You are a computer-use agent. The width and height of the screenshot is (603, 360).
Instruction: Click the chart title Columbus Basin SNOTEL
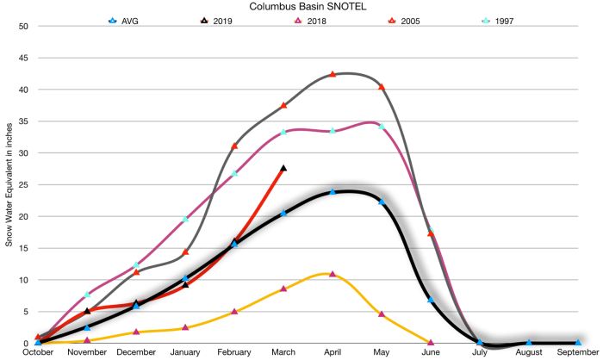(300, 6)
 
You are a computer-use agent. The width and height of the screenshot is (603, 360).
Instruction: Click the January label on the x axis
(185, 352)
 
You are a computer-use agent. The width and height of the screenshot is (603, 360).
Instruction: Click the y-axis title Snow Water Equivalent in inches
(9, 184)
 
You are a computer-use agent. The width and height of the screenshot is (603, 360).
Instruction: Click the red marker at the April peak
(333, 74)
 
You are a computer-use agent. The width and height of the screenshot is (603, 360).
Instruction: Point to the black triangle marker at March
(283, 168)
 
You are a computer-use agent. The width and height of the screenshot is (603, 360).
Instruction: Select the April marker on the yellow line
(333, 274)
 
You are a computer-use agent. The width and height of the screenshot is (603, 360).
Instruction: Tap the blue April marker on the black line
(333, 191)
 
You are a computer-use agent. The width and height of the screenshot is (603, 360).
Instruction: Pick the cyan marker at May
(382, 127)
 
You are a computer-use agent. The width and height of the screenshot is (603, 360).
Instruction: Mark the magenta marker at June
(431, 343)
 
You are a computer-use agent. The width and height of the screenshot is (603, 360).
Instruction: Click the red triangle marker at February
(234, 146)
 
